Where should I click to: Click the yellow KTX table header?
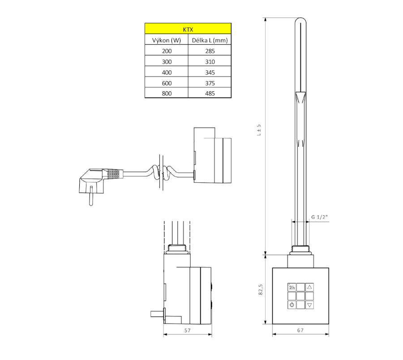tap(188, 29)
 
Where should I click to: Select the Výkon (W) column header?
tap(166, 40)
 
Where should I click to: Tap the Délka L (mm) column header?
tap(210, 40)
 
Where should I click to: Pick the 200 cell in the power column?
tap(167, 51)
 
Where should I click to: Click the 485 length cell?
tap(210, 93)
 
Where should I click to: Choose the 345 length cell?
tap(210, 73)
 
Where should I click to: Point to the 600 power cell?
tap(167, 83)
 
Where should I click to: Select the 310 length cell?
tap(210, 62)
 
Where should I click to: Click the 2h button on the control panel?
tap(292, 287)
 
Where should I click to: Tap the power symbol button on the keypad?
tap(292, 305)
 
